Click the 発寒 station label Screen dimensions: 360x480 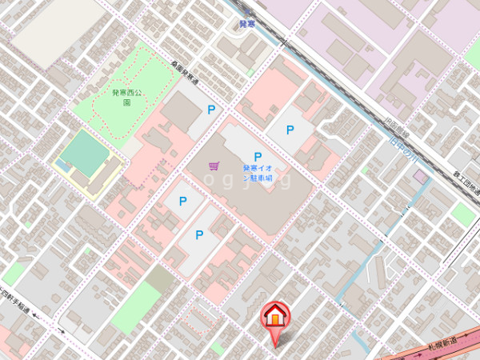tap(249, 25)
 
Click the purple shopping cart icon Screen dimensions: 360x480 tap(214, 166)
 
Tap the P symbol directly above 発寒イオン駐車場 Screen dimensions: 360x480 tap(258, 157)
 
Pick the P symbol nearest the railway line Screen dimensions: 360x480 tap(290, 129)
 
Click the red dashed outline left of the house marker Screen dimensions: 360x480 tap(197, 321)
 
